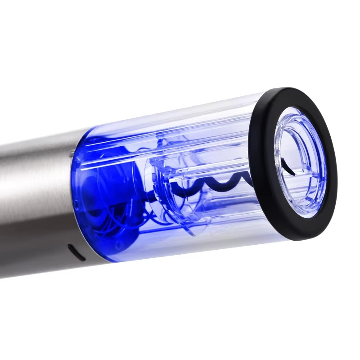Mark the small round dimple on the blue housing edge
(x=77, y=205)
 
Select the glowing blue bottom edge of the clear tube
(x=180, y=252)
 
